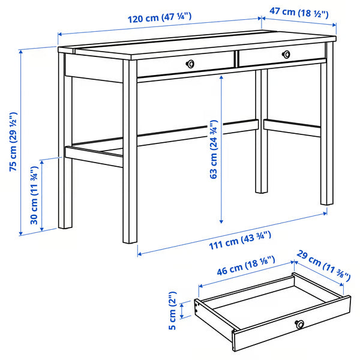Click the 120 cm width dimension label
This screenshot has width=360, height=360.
(159, 19)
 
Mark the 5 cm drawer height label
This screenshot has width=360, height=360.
(172, 312)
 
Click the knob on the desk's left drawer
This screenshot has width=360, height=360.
(190, 63)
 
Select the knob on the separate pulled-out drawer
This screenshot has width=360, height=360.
(299, 325)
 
